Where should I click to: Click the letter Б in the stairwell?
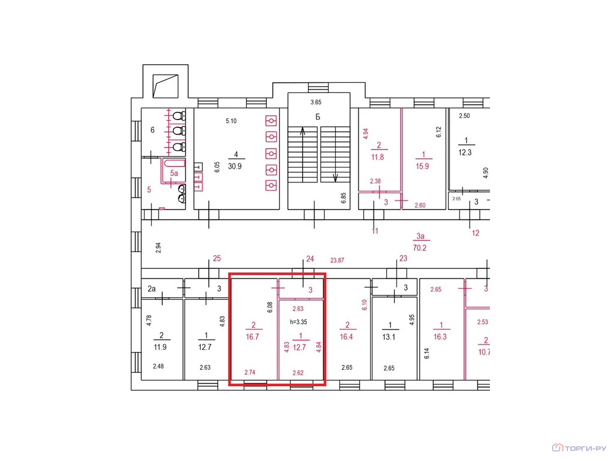coord(318,116)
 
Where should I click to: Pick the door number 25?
coord(217,259)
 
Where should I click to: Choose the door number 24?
coord(310,259)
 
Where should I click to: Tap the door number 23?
coord(403,259)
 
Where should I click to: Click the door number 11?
coord(375,230)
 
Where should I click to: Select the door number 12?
coord(476,232)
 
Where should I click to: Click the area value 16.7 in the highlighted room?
coord(253,337)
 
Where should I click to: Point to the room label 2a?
coord(151,289)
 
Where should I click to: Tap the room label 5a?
coord(174,173)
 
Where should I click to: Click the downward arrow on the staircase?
coord(335,177)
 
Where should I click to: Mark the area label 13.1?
coord(390,336)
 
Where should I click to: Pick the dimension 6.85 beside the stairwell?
coord(344,198)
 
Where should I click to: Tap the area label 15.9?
coord(423,166)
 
